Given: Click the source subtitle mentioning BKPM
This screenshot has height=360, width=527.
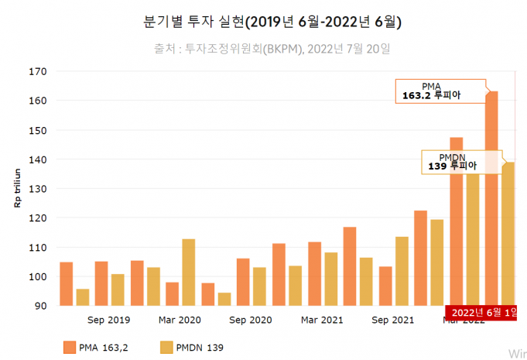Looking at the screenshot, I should click(x=272, y=50).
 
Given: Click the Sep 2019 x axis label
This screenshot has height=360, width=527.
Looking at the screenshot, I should click(x=109, y=320).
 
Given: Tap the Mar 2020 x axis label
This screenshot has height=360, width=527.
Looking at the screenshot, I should click(x=180, y=320).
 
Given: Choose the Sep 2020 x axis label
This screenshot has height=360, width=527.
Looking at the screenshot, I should click(x=251, y=320).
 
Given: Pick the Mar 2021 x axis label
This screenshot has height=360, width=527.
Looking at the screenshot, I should click(x=322, y=320).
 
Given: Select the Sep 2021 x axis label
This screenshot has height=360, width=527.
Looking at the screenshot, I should click(x=393, y=320).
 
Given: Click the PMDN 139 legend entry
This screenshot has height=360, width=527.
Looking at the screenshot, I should click(x=193, y=348).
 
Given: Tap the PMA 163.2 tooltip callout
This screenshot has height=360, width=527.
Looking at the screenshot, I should click(x=441, y=91).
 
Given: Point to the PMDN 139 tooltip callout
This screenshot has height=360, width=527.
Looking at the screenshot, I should click(x=461, y=161).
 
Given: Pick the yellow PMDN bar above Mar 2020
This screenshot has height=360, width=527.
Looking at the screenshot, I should click(x=188, y=273).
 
